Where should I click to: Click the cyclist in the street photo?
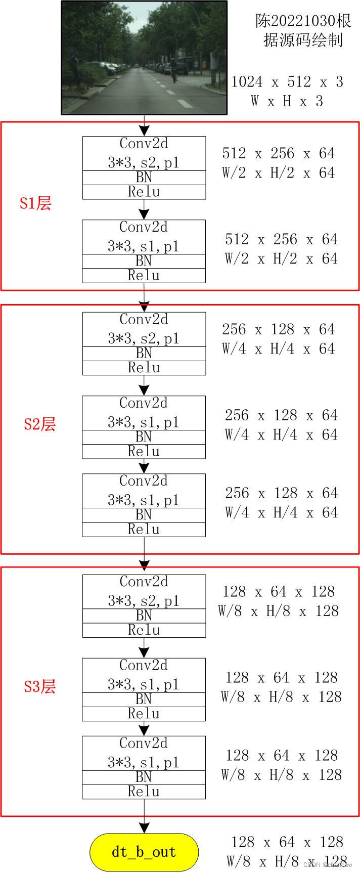coord(173,69)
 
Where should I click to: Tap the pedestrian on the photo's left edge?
coord(74,66)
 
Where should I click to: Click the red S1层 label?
coord(35,203)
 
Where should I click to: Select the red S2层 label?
coord(39,424)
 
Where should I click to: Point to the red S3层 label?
coord(39,686)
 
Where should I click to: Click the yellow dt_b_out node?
coord(144,852)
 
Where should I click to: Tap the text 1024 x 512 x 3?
coord(287,81)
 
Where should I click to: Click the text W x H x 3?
coord(287,101)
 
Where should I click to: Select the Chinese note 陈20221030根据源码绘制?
coord(303,30)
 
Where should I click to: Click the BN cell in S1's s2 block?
coord(144,177)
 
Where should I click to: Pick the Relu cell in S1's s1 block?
coord(144,276)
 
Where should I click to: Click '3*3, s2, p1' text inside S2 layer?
coord(144,338)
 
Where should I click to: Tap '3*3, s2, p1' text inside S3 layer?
coord(144,600)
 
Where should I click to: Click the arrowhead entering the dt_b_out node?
coord(144,827)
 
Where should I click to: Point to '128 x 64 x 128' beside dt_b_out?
coord(287,842)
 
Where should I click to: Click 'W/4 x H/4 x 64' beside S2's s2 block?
coord(278,348)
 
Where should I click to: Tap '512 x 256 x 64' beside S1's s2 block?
coord(278,153)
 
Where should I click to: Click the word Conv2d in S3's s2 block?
coord(144,582)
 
